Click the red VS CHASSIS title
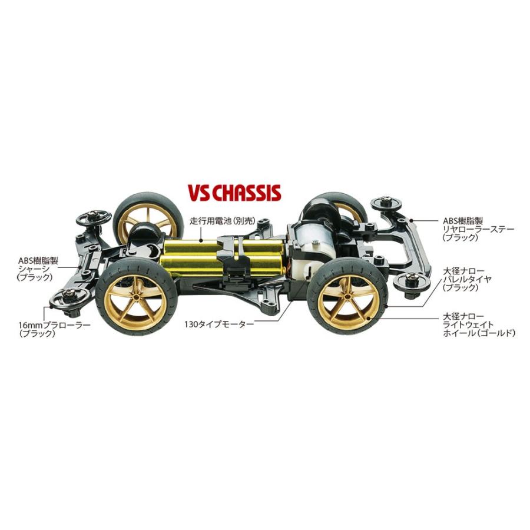coord(234,193)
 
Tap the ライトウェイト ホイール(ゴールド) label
coord(479,324)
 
